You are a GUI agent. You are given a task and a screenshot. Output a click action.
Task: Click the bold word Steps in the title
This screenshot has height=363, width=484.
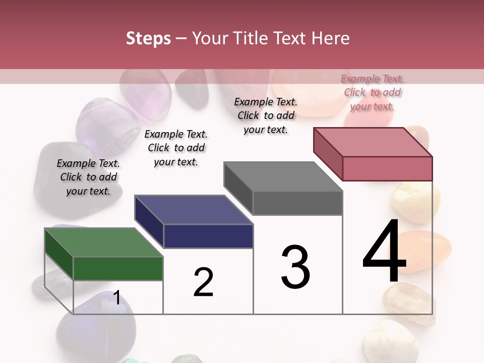[x=148, y=38]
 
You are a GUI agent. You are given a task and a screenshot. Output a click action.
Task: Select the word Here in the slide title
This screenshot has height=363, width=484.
[x=330, y=38]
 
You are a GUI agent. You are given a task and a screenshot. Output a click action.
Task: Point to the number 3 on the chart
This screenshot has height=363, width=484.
[x=295, y=267]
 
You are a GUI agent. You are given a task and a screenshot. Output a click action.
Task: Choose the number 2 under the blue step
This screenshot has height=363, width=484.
[x=204, y=282]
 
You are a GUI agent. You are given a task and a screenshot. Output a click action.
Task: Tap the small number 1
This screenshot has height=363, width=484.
[x=116, y=298]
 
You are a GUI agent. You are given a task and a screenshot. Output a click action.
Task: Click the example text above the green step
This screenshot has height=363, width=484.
[x=88, y=177]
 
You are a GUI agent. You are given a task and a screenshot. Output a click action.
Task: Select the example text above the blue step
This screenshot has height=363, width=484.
[x=176, y=148]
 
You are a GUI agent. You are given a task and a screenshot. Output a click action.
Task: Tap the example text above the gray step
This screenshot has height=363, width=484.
[x=266, y=115]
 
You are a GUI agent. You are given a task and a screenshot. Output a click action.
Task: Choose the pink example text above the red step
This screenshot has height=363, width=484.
[x=373, y=92]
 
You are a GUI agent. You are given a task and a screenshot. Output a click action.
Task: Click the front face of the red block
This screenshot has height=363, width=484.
[x=387, y=168]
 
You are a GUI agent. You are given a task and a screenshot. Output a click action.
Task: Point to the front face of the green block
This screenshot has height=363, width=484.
[x=118, y=268]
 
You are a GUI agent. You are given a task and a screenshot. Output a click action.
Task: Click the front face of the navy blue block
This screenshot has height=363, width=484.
[x=208, y=236]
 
